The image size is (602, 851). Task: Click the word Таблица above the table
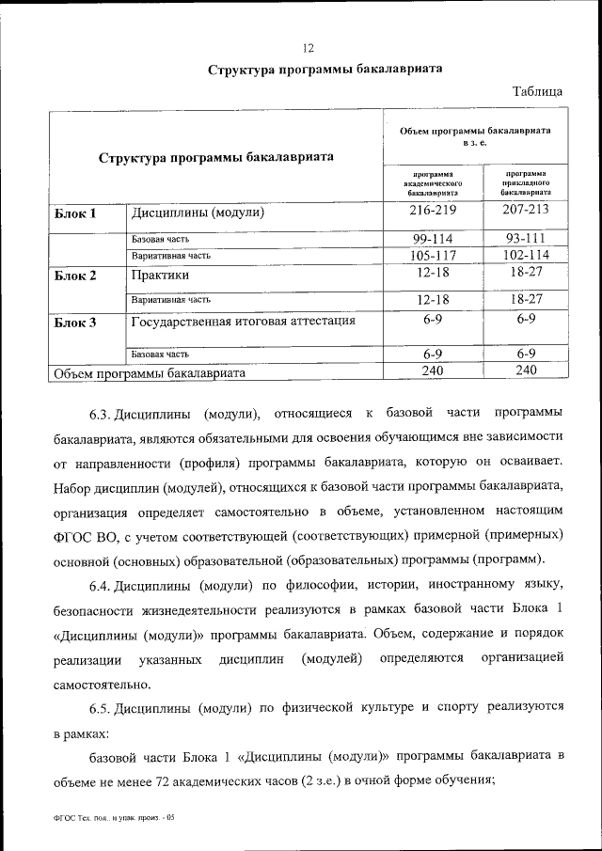click(x=537, y=91)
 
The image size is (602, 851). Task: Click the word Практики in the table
click(x=161, y=276)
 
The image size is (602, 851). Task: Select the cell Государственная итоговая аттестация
click(x=243, y=322)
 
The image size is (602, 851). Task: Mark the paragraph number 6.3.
click(x=101, y=414)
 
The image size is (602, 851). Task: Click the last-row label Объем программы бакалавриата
click(x=150, y=373)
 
